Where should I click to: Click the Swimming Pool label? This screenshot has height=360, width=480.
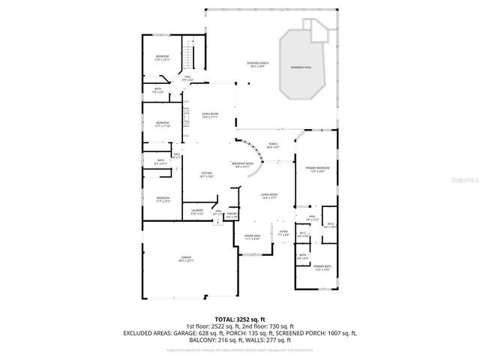(x=302, y=67)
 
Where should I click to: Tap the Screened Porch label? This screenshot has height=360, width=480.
(x=257, y=64)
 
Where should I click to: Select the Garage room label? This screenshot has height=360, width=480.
(x=187, y=259)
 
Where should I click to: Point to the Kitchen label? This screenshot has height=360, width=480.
(x=207, y=175)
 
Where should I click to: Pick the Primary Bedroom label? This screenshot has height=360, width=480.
(x=315, y=169)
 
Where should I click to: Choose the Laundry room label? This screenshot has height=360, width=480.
(x=197, y=211)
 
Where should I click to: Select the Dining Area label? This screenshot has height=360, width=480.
(x=252, y=237)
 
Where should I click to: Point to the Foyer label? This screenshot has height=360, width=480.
(x=283, y=233)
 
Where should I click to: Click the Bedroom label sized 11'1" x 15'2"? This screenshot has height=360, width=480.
(x=163, y=199)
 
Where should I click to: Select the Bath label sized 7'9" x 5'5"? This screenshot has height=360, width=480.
(x=158, y=91)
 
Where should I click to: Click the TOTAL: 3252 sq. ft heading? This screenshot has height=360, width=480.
(x=239, y=319)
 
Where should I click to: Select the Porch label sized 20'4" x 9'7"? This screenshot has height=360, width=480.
(x=273, y=145)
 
